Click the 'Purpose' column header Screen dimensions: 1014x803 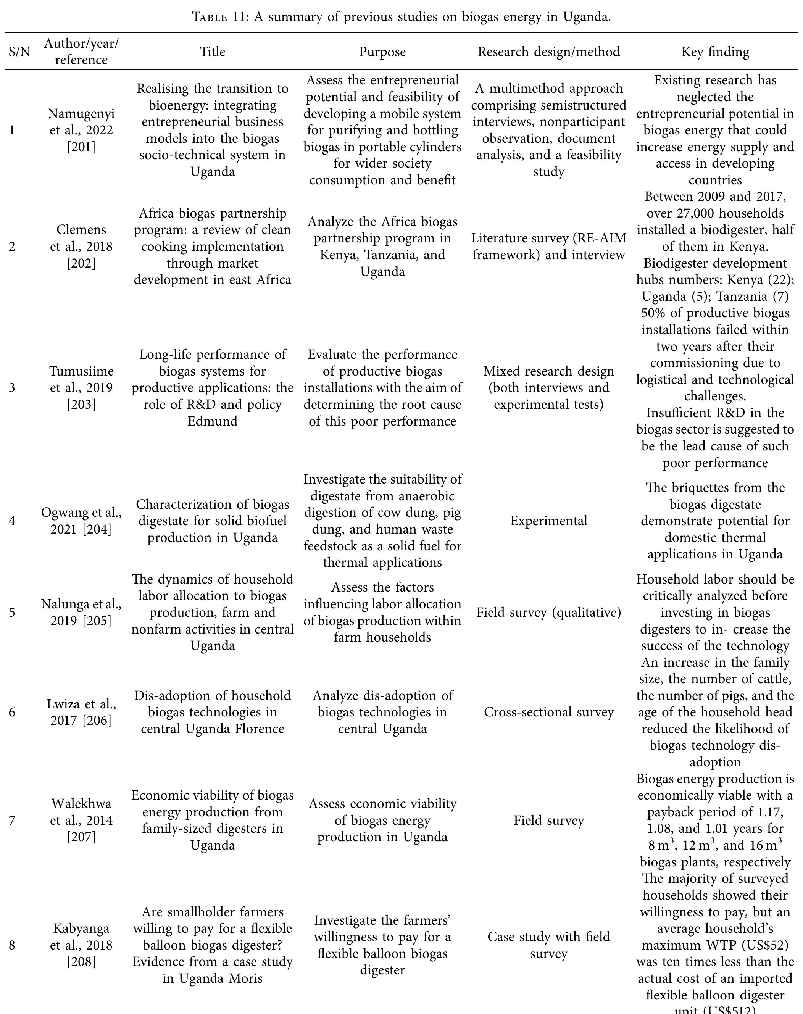pos(382,52)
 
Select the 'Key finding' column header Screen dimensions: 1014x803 pos(715,52)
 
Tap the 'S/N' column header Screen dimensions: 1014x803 pos(19,52)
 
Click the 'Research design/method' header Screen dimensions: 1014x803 pos(549,52)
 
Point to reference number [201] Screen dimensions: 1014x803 pos(81,147)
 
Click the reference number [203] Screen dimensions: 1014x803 pos(81,404)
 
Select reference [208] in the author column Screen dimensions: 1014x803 pos(81,962)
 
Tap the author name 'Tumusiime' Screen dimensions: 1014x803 pos(81,371)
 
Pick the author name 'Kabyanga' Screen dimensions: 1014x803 pos(81,929)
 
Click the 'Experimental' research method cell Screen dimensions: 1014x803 pos(549,521)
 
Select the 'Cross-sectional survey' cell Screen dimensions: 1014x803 pos(549,712)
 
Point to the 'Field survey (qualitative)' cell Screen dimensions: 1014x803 pos(549,612)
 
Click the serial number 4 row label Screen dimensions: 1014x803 pos(12,521)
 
